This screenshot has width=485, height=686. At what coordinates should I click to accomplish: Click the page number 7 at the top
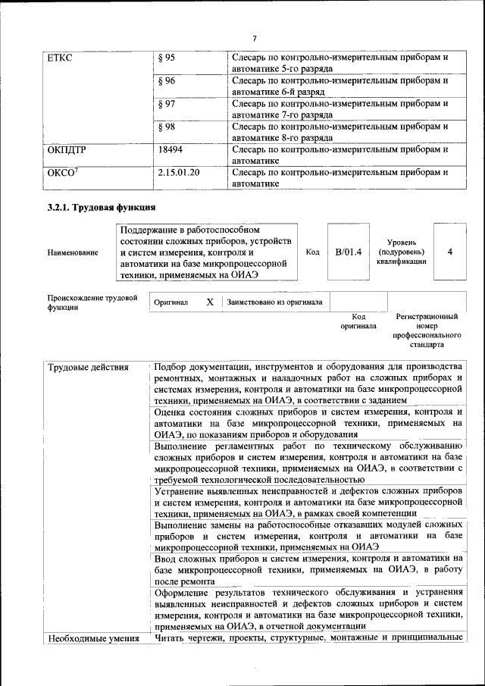255,39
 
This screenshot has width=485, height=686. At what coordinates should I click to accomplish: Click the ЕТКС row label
59,58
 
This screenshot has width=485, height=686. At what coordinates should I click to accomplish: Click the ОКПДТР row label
67,149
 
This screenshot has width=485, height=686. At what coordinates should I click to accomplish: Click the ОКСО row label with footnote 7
63,172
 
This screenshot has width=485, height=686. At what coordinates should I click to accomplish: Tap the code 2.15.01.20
179,172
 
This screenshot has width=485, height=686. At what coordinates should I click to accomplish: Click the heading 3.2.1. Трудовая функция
102,207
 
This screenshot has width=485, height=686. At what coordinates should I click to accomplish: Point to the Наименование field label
72,252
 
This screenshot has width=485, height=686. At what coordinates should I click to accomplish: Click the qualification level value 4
450,252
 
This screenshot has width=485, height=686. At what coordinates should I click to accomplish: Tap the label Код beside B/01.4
312,252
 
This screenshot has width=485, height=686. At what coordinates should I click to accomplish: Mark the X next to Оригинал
210,302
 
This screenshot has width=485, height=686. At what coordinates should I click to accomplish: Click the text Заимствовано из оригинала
274,302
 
